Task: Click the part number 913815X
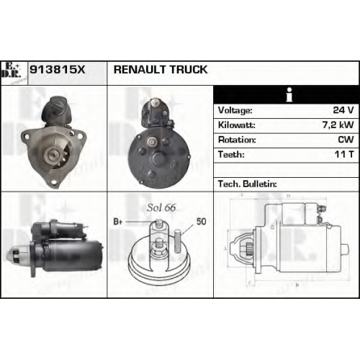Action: [x=58, y=70]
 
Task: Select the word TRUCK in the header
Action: [x=189, y=70]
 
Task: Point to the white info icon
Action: [x=289, y=94]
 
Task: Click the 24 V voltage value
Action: [x=343, y=110]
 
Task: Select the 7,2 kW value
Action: [x=338, y=125]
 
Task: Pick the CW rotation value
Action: [x=346, y=140]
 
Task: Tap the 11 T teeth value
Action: [x=344, y=154]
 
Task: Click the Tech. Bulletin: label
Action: [x=248, y=184]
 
